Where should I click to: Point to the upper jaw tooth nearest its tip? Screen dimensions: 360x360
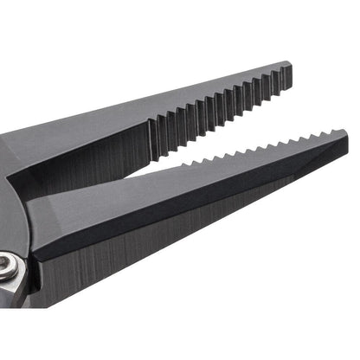click(x=278, y=77)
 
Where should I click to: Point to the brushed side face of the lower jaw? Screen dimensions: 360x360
click(x=130, y=260)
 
